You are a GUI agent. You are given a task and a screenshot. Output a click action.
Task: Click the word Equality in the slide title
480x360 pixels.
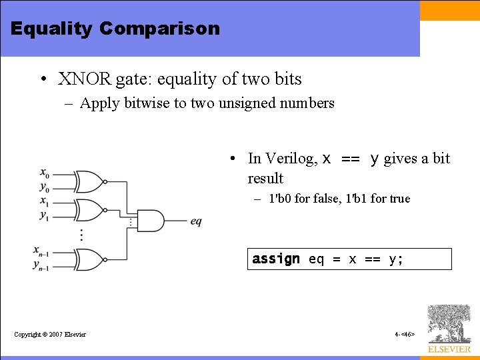pyautogui.click(x=52, y=29)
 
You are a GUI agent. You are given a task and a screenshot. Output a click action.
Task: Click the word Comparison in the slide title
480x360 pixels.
pyautogui.click(x=159, y=29)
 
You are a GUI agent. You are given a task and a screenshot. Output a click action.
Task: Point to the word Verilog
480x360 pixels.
pyautogui.click(x=291, y=159)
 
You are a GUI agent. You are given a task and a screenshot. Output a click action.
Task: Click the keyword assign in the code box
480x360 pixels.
pyautogui.click(x=276, y=259)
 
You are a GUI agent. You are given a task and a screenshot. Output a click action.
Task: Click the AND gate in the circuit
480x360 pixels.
pyautogui.click(x=149, y=221)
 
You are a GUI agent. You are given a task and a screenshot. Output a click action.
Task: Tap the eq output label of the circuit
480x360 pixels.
pyautogui.click(x=196, y=221)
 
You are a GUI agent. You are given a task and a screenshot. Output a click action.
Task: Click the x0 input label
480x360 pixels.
pyautogui.click(x=44, y=175)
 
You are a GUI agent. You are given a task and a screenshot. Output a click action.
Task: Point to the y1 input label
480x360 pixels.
pyautogui.click(x=44, y=215)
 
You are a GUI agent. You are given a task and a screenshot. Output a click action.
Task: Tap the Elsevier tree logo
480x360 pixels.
pyautogui.click(x=449, y=324)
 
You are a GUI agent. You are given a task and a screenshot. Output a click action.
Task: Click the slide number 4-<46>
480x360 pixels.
pyautogui.click(x=405, y=334)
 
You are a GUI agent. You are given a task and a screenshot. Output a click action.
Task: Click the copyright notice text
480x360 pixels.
pyautogui.click(x=50, y=334)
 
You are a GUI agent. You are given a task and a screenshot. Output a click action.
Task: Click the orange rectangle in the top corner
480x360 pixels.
pyautogui.click(x=449, y=10)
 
